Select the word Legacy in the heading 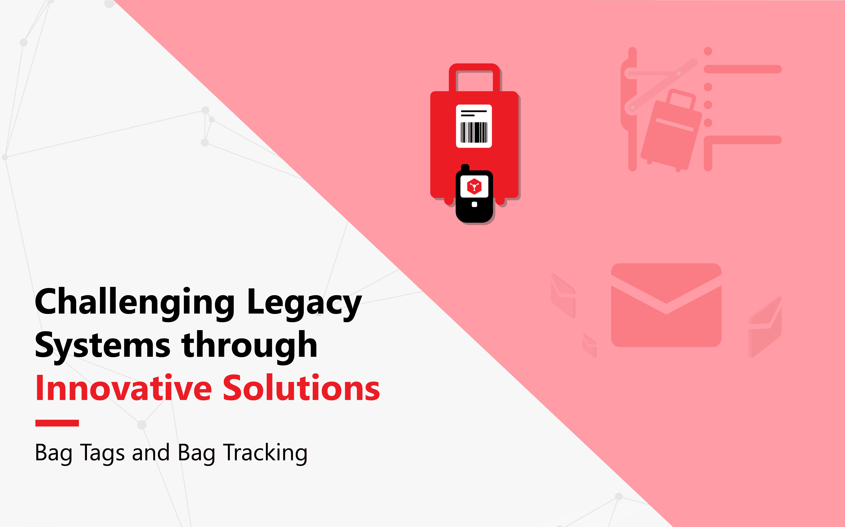304,303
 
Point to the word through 249,345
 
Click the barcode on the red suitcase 474,132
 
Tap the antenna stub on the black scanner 465,167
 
